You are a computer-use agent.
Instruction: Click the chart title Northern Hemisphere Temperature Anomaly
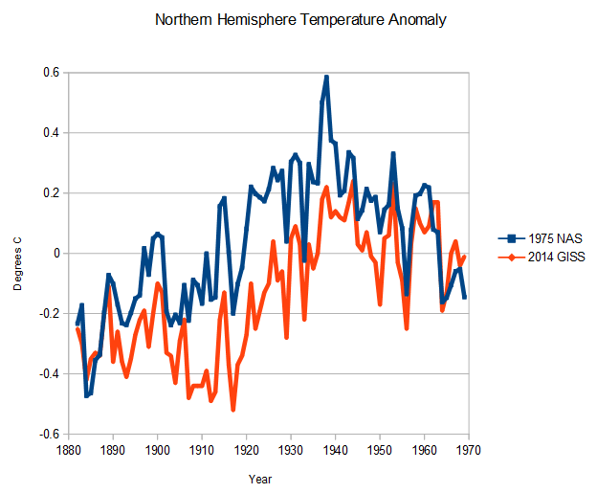tap(299, 19)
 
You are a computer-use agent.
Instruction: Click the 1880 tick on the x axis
tap(67, 448)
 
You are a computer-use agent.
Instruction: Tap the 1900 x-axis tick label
tap(157, 448)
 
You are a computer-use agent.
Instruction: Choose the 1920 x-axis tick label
tap(246, 448)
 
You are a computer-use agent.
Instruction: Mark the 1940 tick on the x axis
tap(335, 448)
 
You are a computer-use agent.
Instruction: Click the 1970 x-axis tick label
tap(469, 448)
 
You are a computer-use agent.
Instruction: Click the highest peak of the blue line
tap(326, 77)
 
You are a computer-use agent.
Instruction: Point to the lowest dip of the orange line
tap(232, 410)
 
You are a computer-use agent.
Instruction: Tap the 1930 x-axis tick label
tap(291, 448)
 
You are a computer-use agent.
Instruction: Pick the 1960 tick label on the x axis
tap(425, 448)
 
